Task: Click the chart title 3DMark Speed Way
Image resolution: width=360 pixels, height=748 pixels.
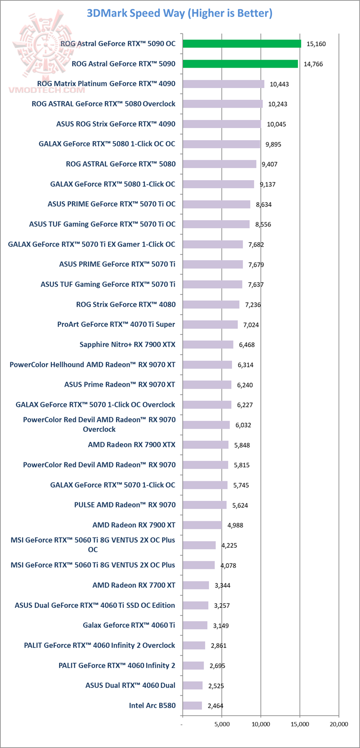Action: coord(179,13)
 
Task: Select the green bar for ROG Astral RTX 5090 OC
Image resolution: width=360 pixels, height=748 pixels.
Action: coord(241,44)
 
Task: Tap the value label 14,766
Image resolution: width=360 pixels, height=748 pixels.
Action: coord(314,64)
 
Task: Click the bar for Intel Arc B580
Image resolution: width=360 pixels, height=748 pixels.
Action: coord(192,705)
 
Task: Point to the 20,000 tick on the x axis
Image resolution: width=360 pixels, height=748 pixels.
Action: coord(338,723)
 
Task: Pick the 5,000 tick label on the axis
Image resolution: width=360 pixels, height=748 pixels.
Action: coord(222,723)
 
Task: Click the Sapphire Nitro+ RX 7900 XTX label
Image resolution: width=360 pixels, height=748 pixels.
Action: coord(127,344)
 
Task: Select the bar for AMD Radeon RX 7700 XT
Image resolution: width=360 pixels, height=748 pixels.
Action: coord(195,585)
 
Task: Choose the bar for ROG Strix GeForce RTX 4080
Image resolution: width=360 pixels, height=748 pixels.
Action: coord(210,304)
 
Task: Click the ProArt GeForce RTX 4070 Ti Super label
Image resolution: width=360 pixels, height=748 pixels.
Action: coord(116,324)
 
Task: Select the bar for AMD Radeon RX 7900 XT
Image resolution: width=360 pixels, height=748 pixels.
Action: coord(202,525)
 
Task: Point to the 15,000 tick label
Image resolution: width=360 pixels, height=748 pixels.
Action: coord(299,723)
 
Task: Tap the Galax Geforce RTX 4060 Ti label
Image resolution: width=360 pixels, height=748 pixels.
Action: coord(129,625)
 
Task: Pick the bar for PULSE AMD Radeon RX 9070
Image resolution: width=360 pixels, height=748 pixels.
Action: coord(204,505)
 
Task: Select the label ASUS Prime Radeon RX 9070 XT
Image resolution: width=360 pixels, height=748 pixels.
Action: coord(119,384)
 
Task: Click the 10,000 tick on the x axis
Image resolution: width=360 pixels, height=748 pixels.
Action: coord(260,723)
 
